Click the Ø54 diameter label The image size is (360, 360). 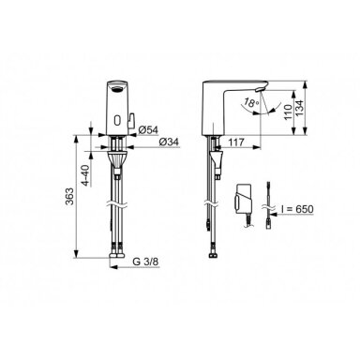[148, 130]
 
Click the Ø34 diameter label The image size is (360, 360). [169, 142]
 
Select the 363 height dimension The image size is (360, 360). [69, 196]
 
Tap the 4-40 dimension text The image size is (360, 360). [85, 175]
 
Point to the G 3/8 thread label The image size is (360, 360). [146, 262]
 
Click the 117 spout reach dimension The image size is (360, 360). [235, 142]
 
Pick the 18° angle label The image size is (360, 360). [252, 102]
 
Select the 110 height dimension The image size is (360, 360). [288, 112]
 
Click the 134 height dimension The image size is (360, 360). [299, 109]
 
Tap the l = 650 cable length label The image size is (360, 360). [297, 209]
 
